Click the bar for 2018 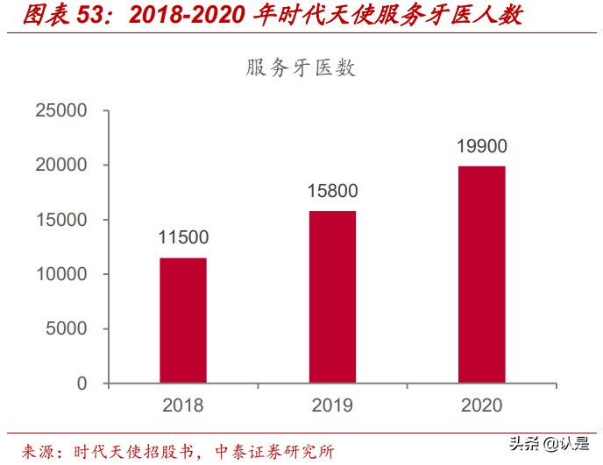183,321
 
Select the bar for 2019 332,297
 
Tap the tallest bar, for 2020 481,275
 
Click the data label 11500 183,237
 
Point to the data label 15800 332,191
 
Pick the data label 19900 481,146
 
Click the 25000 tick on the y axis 61,110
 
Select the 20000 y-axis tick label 61,165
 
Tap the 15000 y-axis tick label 61,220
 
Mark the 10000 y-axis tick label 61,274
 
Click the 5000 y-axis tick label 67,329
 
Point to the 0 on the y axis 82,384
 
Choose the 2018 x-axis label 183,405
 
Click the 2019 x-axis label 332,405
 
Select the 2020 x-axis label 481,405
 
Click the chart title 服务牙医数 301,68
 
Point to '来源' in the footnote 38,451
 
